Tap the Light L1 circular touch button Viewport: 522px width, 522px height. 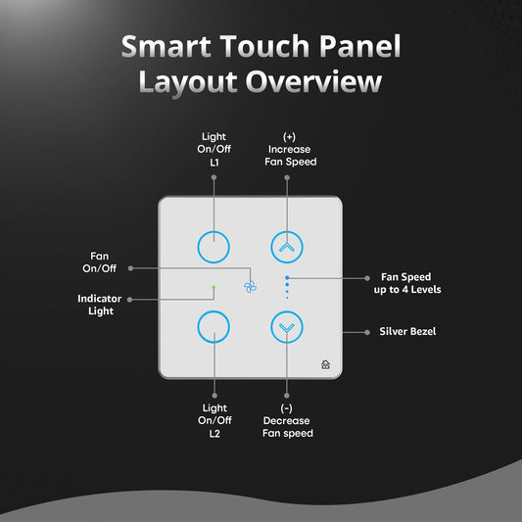(x=214, y=247)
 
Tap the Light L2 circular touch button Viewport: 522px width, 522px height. (x=214, y=325)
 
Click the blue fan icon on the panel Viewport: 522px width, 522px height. (x=249, y=286)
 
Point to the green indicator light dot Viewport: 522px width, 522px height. (x=214, y=288)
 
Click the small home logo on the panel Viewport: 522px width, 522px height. (x=325, y=364)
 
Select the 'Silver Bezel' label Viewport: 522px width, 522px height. (x=406, y=331)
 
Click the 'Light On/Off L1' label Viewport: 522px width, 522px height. (x=214, y=149)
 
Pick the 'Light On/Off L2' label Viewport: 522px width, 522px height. (x=214, y=420)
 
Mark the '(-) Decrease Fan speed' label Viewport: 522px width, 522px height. (x=287, y=420)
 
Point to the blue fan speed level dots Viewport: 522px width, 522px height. (x=287, y=286)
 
